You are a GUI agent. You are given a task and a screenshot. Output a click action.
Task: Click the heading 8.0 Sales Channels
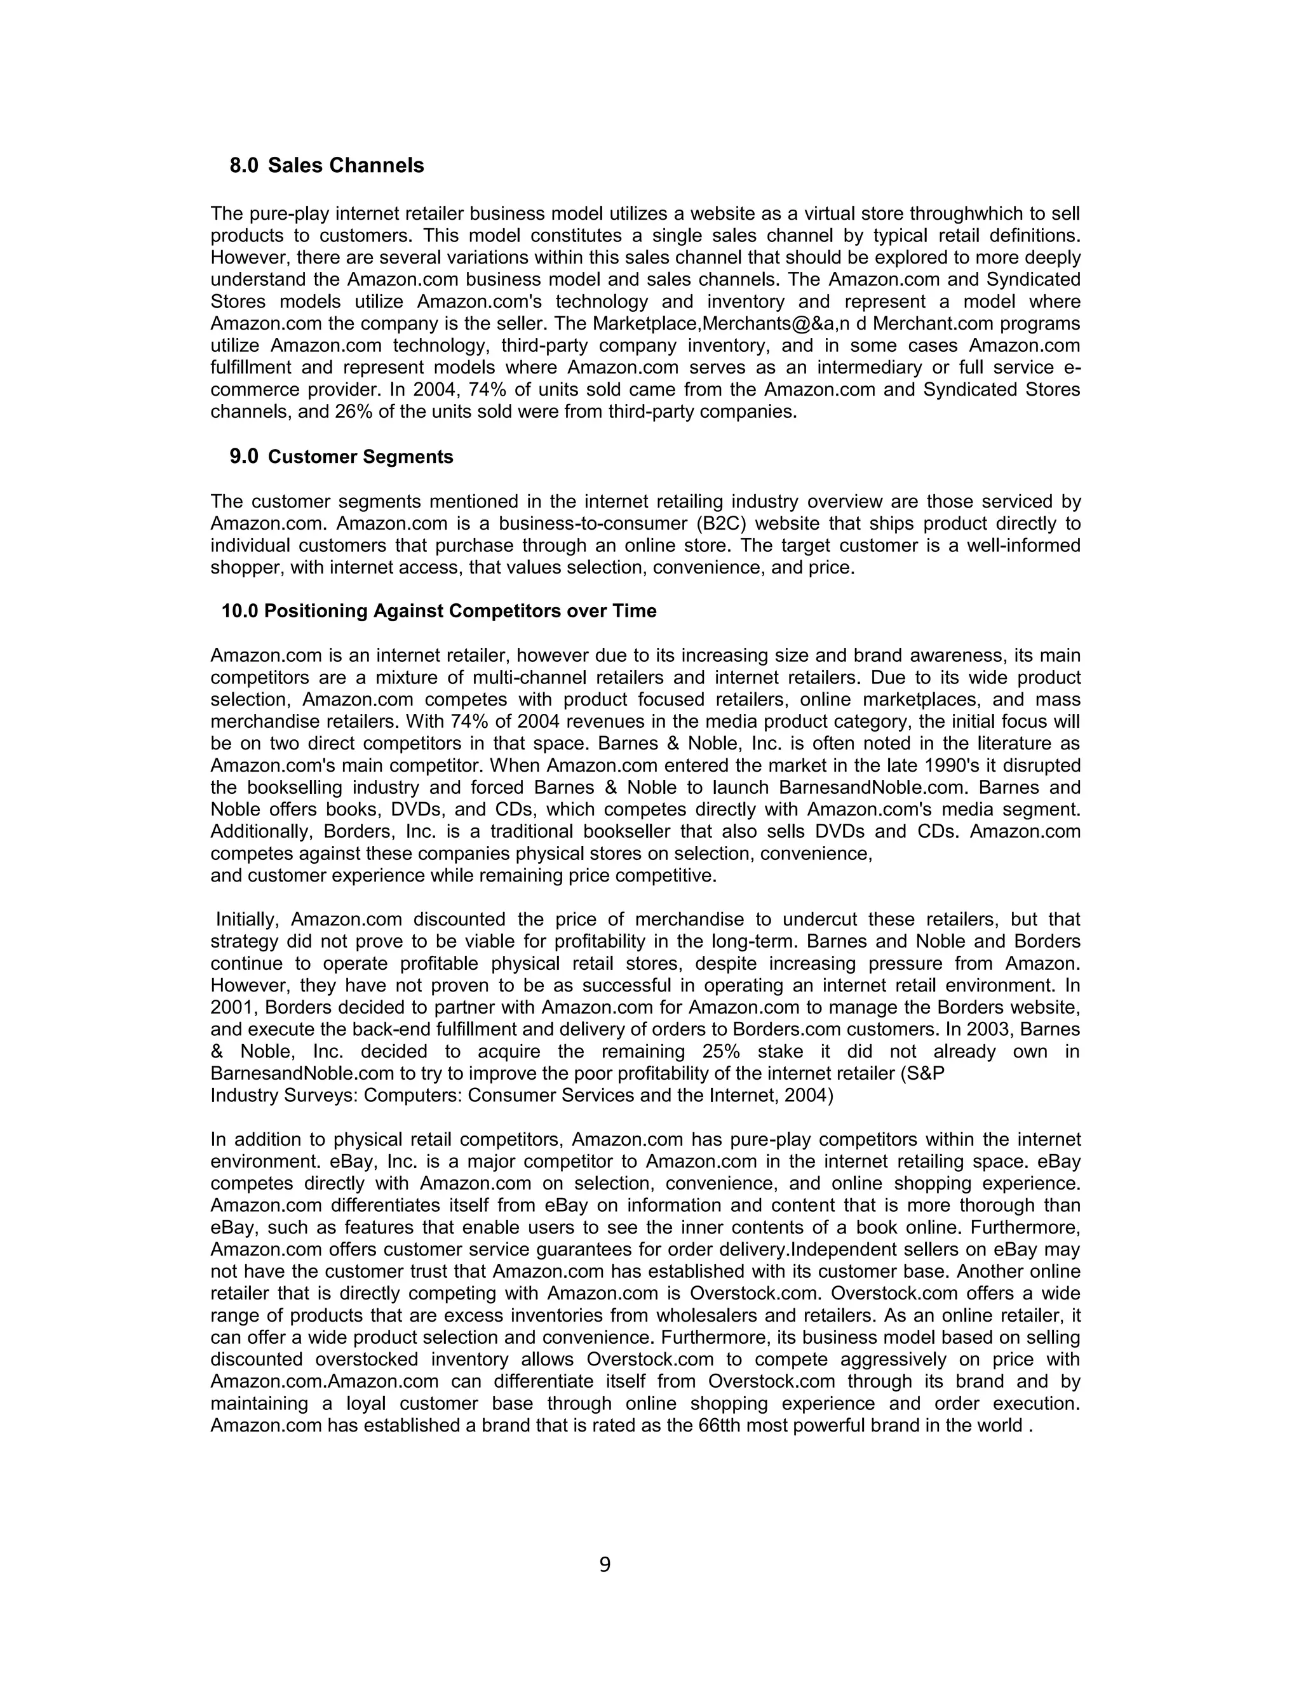327,166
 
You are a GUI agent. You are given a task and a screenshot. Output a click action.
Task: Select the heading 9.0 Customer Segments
341,457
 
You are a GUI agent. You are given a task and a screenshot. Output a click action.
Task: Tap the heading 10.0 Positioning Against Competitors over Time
438,611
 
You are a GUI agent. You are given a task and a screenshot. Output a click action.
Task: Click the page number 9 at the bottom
604,1565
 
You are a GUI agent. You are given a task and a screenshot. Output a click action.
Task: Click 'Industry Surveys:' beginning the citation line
283,1096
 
